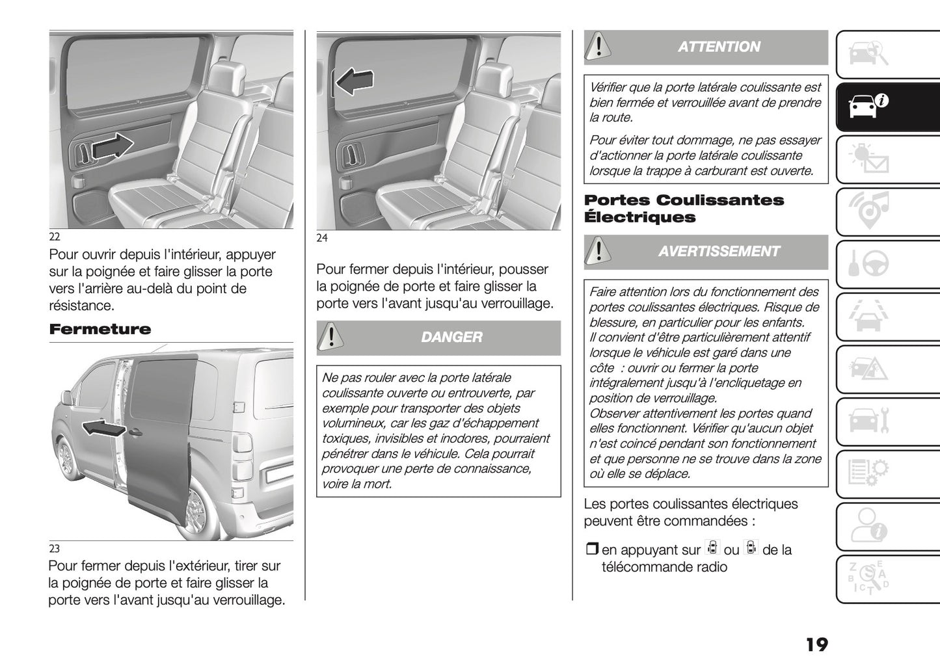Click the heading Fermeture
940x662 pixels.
100,329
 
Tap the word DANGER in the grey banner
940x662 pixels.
451,337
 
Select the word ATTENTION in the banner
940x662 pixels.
718,47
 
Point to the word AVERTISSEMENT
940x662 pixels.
718,252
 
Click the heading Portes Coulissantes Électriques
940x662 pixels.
684,209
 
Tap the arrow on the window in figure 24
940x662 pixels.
355,81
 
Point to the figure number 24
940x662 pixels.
322,238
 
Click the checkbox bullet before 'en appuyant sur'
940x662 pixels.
591,550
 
